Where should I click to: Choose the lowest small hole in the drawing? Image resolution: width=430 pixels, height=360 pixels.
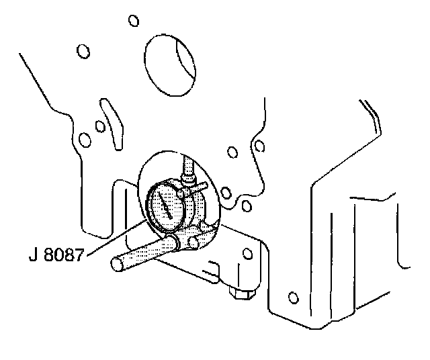click(x=292, y=297)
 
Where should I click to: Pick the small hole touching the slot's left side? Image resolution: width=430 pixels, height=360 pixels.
click(x=99, y=126)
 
